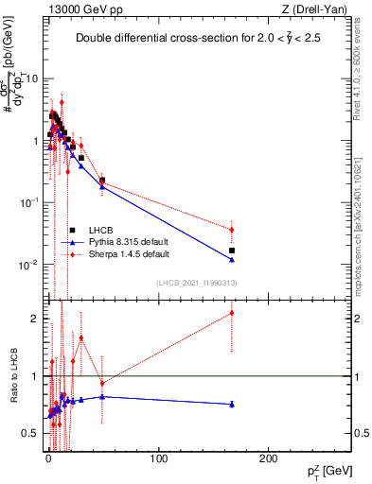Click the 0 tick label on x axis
(x=49, y=462)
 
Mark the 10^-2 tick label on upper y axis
(x=29, y=265)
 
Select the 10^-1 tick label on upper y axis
(x=29, y=203)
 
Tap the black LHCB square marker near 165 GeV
(x=232, y=251)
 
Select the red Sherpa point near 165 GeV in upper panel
(x=232, y=230)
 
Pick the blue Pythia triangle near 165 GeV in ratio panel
(x=232, y=404)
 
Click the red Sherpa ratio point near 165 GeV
(x=232, y=313)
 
